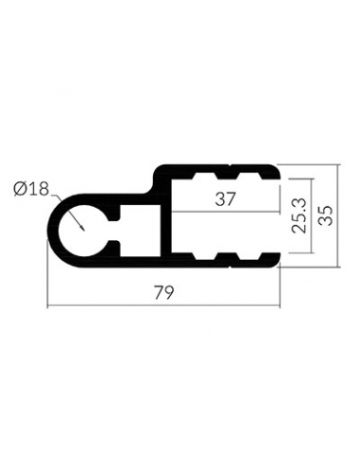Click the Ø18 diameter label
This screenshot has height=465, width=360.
(31, 189)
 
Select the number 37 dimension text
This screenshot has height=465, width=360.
(225, 199)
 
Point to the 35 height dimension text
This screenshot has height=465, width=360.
(325, 215)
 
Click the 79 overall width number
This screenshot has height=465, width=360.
(163, 293)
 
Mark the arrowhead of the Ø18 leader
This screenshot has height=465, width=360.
(82, 229)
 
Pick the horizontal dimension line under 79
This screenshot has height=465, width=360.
(163, 305)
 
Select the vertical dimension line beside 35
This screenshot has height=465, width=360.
(338, 215)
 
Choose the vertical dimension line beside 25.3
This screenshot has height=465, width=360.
(312, 215)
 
